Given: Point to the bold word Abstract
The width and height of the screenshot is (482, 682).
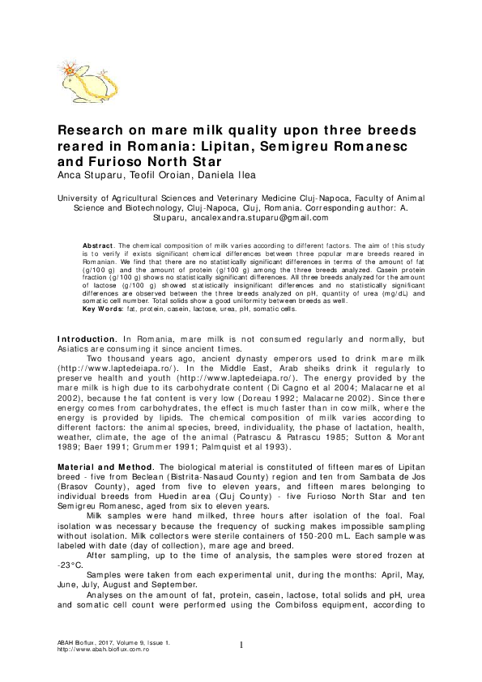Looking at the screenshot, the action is pos(100,245).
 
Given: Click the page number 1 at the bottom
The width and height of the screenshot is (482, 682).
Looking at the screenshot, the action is pos(241,645).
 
